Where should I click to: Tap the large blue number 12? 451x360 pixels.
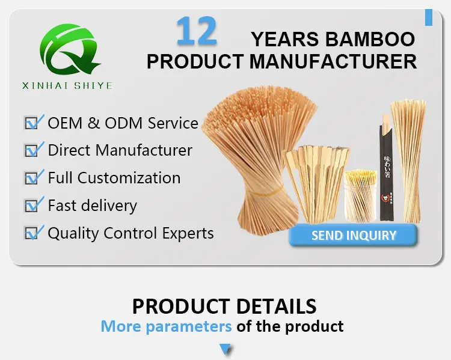click(x=196, y=32)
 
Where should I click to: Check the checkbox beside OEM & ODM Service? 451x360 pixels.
click(x=32, y=123)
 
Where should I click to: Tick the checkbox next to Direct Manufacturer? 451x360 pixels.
click(x=32, y=150)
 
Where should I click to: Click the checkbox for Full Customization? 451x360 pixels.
click(x=32, y=178)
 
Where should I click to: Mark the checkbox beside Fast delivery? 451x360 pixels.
click(x=32, y=206)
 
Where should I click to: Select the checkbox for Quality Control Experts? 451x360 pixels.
click(x=32, y=233)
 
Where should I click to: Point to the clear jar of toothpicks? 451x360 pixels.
click(x=360, y=195)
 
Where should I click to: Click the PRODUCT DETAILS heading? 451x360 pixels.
click(x=224, y=306)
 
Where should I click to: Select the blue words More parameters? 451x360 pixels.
click(x=166, y=326)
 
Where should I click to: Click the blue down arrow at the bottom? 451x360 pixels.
click(x=225, y=349)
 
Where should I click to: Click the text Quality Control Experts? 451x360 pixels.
click(x=130, y=233)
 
